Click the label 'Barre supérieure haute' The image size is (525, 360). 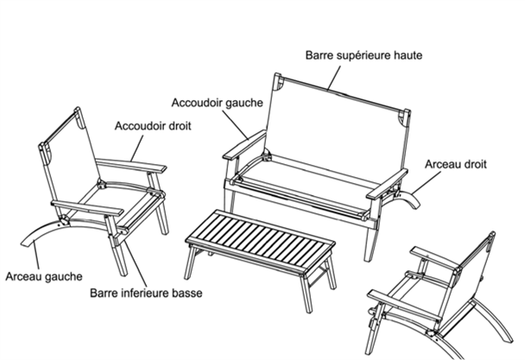coord(364,55)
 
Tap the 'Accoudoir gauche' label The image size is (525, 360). coord(218,103)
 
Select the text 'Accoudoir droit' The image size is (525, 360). coord(153,126)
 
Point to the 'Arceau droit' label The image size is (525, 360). coord(455,164)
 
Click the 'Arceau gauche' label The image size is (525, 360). coord(44,276)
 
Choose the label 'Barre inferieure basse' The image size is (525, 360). coord(146,293)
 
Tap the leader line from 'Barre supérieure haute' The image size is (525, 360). coord(334,78)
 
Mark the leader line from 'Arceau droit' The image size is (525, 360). coord(427,182)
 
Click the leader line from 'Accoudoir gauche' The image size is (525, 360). coord(235,124)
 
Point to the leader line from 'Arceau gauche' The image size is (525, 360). coord(35,256)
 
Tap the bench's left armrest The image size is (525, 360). coord(244,144)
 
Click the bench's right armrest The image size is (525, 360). coord(387,185)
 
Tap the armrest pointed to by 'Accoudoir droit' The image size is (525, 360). coord(131,166)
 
